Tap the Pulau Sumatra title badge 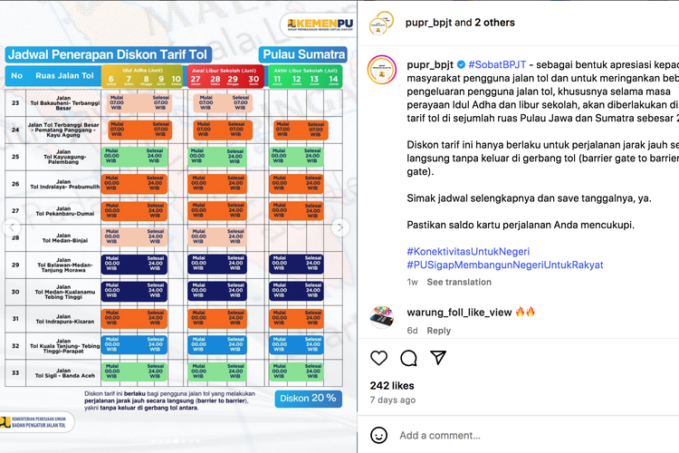[303, 53]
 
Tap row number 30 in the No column [16, 293]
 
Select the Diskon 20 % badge [308, 398]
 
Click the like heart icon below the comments [378, 358]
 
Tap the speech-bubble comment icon [408, 358]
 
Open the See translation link [459, 282]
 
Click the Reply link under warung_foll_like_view [439, 331]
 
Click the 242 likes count [392, 384]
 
